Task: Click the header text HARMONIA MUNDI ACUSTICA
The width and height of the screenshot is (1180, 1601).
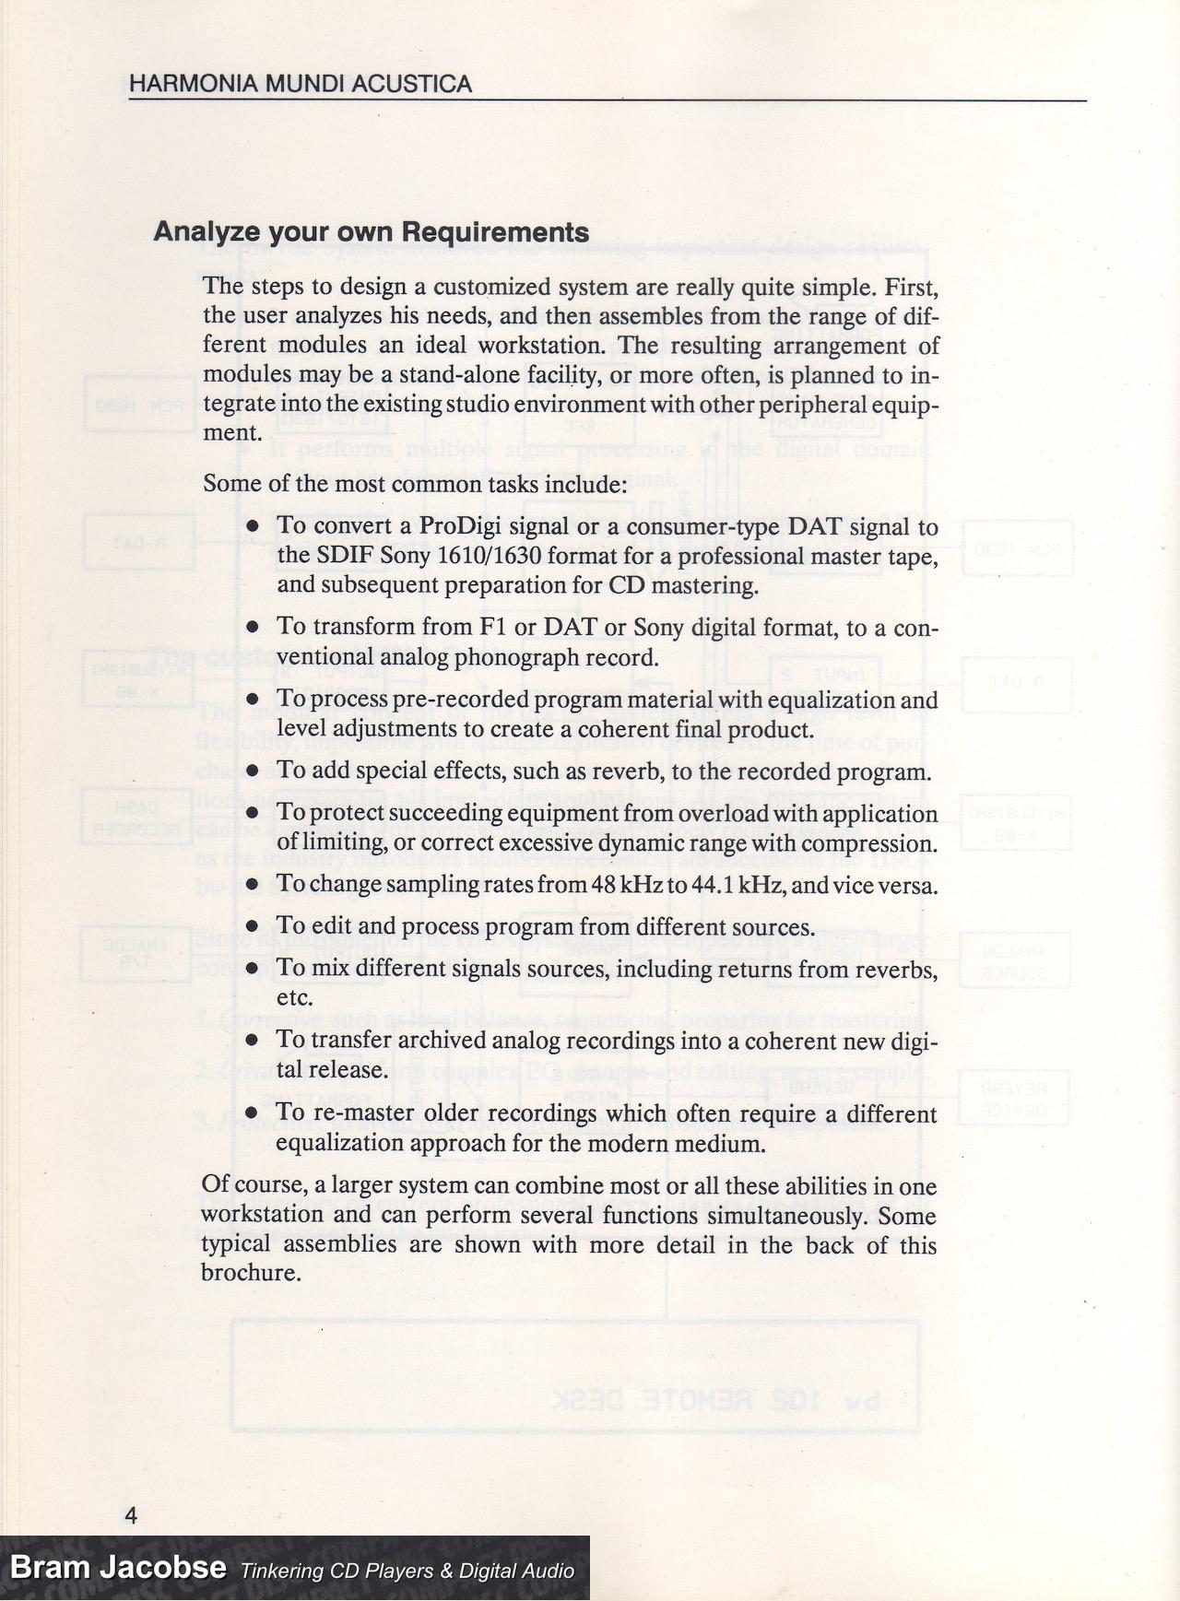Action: coord(301,84)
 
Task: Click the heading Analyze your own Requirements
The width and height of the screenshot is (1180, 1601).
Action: coord(371,231)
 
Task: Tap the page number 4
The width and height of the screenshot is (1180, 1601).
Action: coord(131,1515)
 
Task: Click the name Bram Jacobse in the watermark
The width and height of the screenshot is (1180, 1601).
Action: coord(118,1567)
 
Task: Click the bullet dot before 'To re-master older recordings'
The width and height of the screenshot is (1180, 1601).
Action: coord(254,1114)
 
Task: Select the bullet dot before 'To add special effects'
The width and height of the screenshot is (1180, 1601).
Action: coord(254,771)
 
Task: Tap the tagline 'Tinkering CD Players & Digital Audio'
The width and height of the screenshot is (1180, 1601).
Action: coord(407,1571)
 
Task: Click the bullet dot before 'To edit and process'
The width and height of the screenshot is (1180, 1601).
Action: coord(254,927)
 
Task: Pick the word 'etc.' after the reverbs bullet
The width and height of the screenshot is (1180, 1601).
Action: coord(295,998)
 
